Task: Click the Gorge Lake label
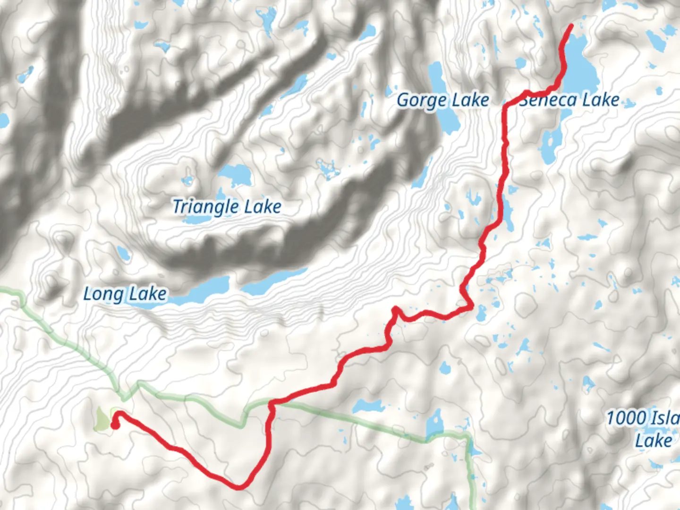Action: [442, 101]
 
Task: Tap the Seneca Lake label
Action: [569, 100]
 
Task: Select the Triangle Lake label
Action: [227, 207]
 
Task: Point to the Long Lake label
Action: [125, 294]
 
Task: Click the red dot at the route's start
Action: [114, 425]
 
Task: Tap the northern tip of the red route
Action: [571, 25]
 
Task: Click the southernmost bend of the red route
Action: [240, 487]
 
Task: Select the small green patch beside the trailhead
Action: [102, 419]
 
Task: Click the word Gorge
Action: [422, 101]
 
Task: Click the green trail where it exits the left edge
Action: [2, 289]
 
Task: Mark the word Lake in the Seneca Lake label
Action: [600, 100]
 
